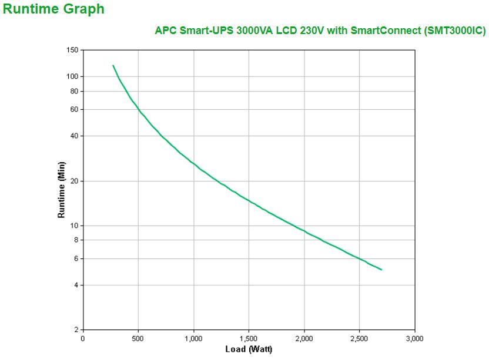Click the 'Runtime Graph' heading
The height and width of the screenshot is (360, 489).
click(x=54, y=9)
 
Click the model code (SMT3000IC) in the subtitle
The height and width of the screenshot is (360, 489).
click(x=454, y=31)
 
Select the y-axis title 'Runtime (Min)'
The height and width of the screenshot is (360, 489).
click(x=61, y=190)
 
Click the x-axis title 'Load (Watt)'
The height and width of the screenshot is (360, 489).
click(x=249, y=349)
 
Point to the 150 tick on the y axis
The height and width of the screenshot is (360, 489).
click(x=72, y=50)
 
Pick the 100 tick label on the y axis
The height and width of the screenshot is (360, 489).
click(x=72, y=76)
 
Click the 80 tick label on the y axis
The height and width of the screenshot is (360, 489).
click(x=74, y=91)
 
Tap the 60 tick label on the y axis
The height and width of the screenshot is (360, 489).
click(x=74, y=109)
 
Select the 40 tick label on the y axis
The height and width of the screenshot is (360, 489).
click(x=74, y=136)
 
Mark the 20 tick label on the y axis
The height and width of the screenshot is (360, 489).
click(x=74, y=181)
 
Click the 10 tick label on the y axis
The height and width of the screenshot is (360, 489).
click(x=74, y=226)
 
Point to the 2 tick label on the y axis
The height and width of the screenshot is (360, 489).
click(x=76, y=329)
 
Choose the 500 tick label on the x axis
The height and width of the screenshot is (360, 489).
click(x=138, y=338)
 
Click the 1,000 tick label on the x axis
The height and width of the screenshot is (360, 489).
click(x=193, y=338)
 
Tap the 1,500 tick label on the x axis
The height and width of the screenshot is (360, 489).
click(x=249, y=338)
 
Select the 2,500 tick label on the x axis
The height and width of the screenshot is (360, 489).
click(x=359, y=338)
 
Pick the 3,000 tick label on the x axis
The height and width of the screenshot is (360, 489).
click(x=414, y=338)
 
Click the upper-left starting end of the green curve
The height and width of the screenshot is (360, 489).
click(x=113, y=65)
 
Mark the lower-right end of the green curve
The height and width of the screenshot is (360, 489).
click(x=381, y=270)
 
